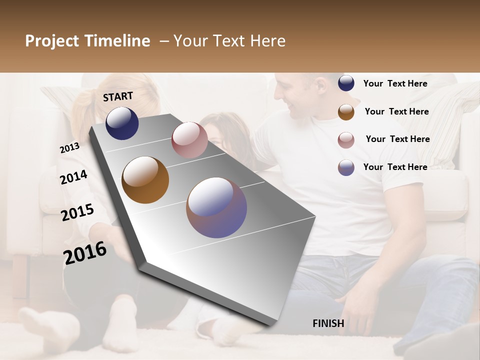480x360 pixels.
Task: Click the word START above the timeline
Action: [118, 96]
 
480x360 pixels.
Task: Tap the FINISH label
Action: [328, 323]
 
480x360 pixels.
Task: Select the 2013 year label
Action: [69, 147]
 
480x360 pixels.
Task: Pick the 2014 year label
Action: [73, 177]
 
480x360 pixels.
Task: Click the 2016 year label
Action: [85, 253]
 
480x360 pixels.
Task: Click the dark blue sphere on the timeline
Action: [122, 123]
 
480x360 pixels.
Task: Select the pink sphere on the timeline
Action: [189, 140]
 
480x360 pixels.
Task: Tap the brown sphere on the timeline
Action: [145, 180]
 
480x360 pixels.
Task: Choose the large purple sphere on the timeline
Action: [216, 207]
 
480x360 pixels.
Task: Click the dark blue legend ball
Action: [346, 83]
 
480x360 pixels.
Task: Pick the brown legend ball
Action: [346, 112]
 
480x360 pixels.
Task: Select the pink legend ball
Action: [346, 140]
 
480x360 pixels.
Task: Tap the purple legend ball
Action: [346, 167]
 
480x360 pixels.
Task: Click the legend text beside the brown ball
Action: [396, 111]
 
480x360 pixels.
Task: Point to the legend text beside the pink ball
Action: [397, 139]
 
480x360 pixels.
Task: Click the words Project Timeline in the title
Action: [87, 41]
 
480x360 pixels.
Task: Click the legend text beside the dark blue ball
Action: [395, 83]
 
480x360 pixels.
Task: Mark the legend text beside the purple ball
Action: [395, 167]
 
